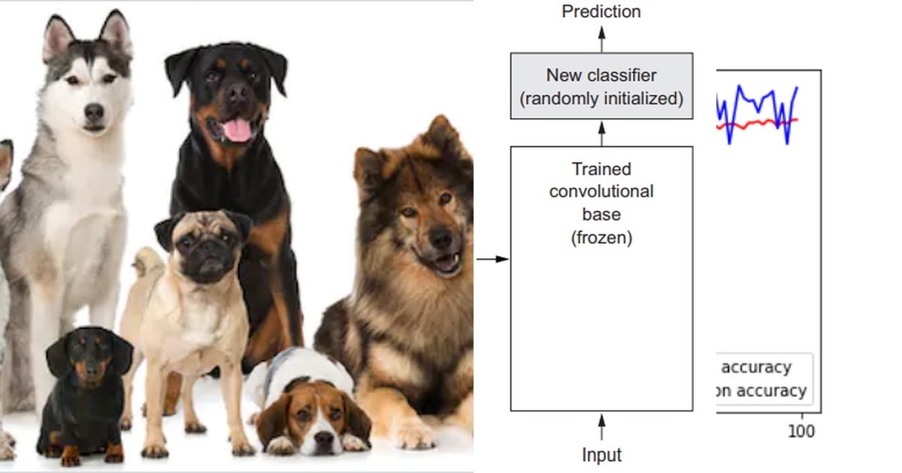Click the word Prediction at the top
(601, 12)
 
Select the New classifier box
(601, 86)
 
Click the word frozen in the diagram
(601, 239)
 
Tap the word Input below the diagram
(601, 455)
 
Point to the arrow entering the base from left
(493, 260)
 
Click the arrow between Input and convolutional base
(601, 428)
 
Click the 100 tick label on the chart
(801, 432)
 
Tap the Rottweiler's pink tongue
(238, 130)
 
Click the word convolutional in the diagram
(601, 191)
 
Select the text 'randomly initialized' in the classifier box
(601, 99)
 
